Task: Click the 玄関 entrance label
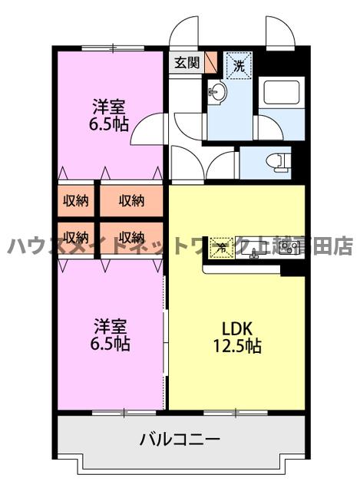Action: (186, 63)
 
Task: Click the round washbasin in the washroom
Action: (216, 94)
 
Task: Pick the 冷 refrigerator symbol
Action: (221, 247)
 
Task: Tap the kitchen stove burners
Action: (288, 247)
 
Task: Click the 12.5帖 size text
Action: (236, 347)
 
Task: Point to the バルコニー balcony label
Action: (180, 440)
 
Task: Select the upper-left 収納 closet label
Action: (75, 201)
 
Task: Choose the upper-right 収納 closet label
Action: (131, 201)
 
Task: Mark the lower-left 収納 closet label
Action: (75, 236)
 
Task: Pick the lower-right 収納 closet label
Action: (131, 236)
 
